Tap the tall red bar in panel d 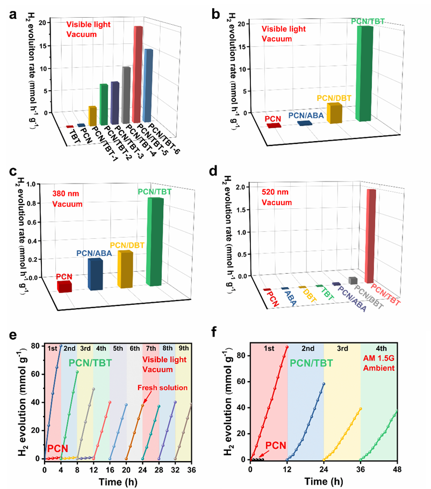pyautogui.click(x=371, y=236)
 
